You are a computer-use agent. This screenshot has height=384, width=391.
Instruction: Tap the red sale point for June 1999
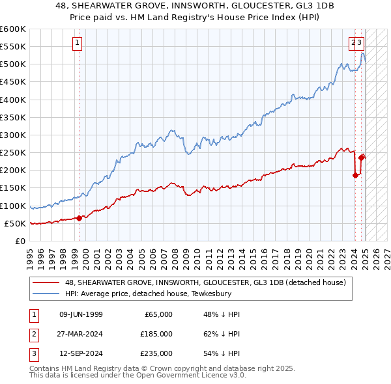[79, 218]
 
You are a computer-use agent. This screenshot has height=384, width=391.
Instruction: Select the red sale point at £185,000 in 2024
[355, 174]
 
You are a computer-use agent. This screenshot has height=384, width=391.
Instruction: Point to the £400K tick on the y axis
[13, 100]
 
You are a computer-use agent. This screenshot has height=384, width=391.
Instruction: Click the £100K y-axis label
[13, 206]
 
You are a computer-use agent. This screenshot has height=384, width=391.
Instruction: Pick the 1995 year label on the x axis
[29, 254]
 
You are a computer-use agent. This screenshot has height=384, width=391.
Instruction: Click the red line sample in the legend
[46, 282]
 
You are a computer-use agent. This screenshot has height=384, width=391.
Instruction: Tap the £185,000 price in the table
[156, 334]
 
